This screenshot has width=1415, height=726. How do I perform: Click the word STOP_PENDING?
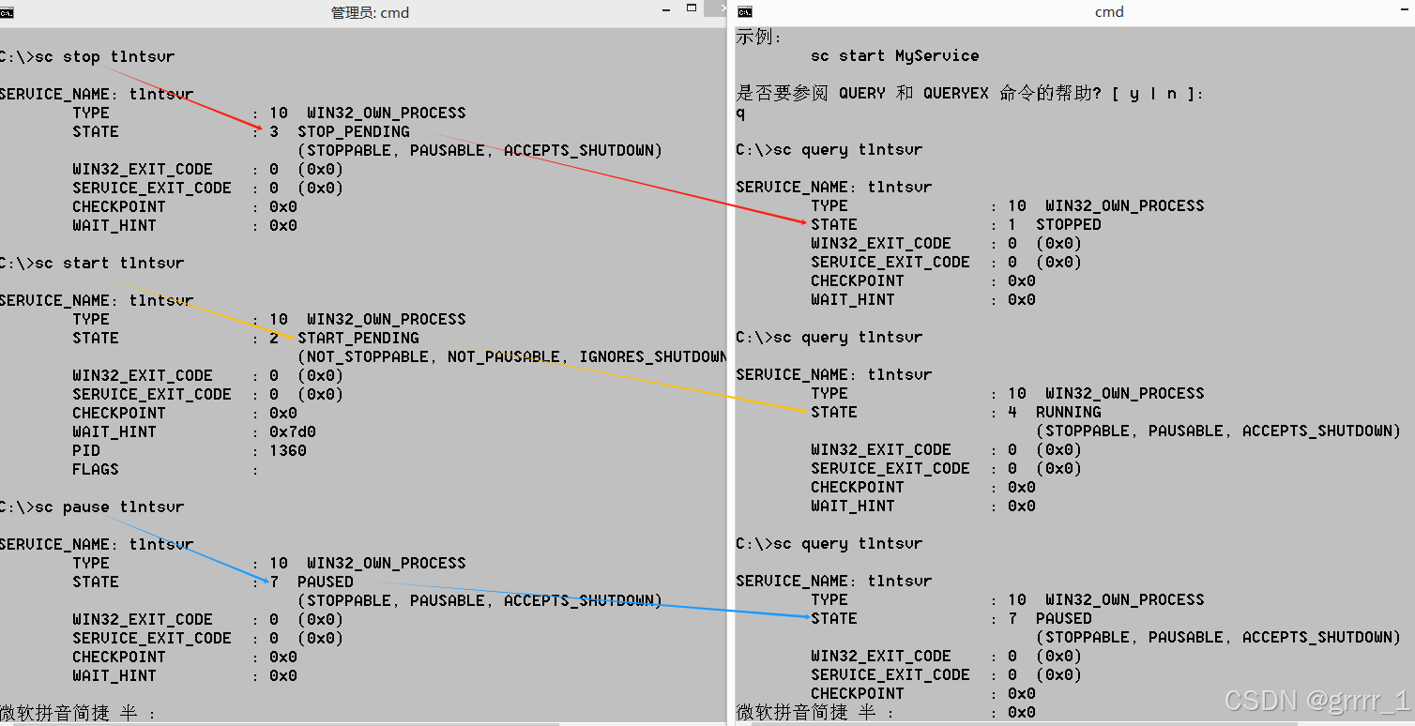click(354, 132)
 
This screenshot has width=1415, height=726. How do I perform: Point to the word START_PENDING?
click(358, 339)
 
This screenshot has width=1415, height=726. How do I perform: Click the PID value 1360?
click(287, 451)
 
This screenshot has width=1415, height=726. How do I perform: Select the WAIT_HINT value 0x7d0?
click(292, 432)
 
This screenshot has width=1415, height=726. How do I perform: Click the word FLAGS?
click(96, 470)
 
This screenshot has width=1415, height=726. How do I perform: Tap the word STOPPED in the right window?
click(1069, 225)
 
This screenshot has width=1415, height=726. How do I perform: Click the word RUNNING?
click(1069, 413)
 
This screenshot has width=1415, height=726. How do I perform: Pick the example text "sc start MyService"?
click(894, 56)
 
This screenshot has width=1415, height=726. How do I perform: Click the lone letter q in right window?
click(740, 113)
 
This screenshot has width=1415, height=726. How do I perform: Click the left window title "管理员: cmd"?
click(370, 13)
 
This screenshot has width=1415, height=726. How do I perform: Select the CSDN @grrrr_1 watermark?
click(1316, 701)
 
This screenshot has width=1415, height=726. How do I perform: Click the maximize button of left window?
click(692, 8)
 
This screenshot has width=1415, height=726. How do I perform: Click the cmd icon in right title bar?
click(745, 11)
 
